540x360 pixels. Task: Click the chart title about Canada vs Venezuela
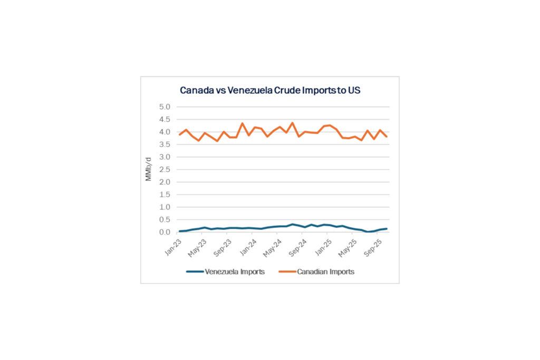[270, 90]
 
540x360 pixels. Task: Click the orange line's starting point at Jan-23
[180, 134]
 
